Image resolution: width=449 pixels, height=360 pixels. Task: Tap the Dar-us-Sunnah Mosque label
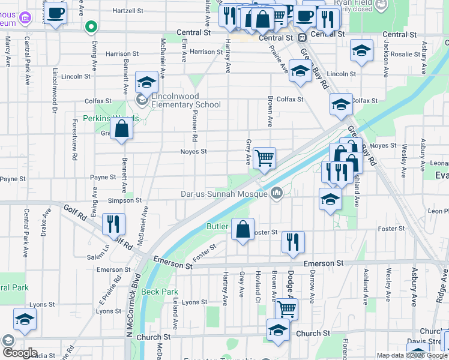pyautogui.click(x=225, y=194)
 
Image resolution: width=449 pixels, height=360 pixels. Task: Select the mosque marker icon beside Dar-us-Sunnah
pyautogui.click(x=277, y=193)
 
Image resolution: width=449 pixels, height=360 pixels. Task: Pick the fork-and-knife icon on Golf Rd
pyautogui.click(x=113, y=224)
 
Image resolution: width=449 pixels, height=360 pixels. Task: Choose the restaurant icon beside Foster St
pyautogui.click(x=293, y=242)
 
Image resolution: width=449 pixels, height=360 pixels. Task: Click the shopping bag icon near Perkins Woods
pyautogui.click(x=121, y=129)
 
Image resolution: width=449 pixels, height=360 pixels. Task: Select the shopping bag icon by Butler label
pyautogui.click(x=242, y=229)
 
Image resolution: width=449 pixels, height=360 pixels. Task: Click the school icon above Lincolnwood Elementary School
pyautogui.click(x=146, y=83)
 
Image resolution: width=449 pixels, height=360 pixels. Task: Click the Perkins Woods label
pyautogui.click(x=110, y=118)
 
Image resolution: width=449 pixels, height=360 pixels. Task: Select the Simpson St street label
pyautogui.click(x=124, y=200)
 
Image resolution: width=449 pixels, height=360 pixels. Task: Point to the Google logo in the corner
pyautogui.click(x=20, y=353)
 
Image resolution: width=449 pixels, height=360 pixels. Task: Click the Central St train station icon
pyautogui.click(x=303, y=37)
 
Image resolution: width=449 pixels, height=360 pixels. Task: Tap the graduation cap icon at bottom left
pyautogui.click(x=25, y=320)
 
